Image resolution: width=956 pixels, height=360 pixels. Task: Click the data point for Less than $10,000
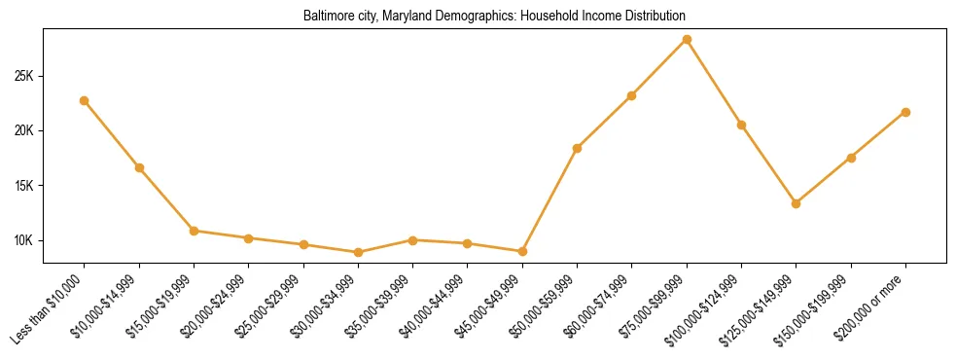coord(85,100)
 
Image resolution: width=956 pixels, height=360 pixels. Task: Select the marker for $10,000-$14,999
coord(139,167)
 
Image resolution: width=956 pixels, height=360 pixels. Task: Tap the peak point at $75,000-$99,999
coord(687,39)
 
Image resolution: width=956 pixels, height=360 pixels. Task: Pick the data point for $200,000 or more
coord(905,112)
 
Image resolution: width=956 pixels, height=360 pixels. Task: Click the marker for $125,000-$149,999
coord(796,203)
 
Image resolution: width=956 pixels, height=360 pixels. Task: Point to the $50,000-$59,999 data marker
coord(577,148)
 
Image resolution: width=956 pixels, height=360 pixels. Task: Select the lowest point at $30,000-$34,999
coord(358,252)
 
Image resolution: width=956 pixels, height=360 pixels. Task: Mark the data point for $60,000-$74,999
coord(632,95)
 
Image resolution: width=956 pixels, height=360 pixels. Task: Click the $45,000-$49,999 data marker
coord(522,251)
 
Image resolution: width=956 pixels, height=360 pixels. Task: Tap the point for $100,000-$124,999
coord(741,125)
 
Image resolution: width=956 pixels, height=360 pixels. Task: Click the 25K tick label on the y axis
coord(23,76)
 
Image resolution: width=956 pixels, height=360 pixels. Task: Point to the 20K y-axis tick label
coord(23,130)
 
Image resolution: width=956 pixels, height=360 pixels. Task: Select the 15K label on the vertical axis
coord(23,186)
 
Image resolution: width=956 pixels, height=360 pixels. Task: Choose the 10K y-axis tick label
coord(23,240)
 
